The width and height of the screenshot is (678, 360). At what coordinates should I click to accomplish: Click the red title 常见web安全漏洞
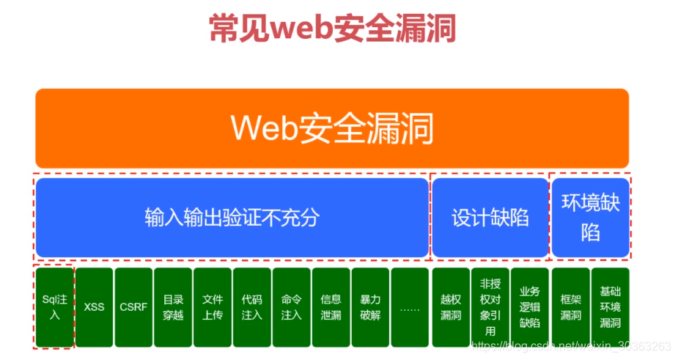[x=332, y=29]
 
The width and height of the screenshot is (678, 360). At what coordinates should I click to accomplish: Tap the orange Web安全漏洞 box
[x=332, y=128]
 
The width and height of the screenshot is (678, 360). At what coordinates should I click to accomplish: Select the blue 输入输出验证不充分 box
[x=232, y=218]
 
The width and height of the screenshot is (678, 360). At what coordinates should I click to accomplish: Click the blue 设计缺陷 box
[x=490, y=218]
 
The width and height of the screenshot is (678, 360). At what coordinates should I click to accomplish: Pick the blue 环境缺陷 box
[x=590, y=218]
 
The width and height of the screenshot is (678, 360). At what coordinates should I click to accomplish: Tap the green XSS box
[x=94, y=307]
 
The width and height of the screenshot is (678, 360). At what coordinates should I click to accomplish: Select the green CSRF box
[x=133, y=307]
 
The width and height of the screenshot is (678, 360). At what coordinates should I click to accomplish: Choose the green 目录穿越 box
[x=173, y=307]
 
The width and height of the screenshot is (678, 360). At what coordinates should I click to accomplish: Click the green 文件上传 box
[x=213, y=307]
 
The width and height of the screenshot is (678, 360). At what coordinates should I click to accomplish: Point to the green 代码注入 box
[x=252, y=307]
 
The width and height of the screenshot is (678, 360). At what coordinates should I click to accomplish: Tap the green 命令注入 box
[x=292, y=307]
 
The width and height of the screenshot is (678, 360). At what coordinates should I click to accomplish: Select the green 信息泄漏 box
[x=331, y=307]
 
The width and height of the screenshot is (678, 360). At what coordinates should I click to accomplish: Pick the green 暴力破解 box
[x=370, y=307]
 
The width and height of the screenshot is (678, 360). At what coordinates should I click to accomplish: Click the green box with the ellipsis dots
[x=410, y=307]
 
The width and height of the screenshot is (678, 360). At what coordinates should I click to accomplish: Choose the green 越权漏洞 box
[x=450, y=307]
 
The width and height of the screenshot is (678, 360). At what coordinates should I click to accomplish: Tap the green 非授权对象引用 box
[x=490, y=307]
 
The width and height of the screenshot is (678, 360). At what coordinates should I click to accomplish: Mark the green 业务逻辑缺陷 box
[x=529, y=307]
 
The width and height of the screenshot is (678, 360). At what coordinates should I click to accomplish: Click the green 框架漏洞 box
[x=570, y=307]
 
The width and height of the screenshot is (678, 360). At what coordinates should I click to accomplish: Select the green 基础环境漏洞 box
[x=610, y=307]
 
